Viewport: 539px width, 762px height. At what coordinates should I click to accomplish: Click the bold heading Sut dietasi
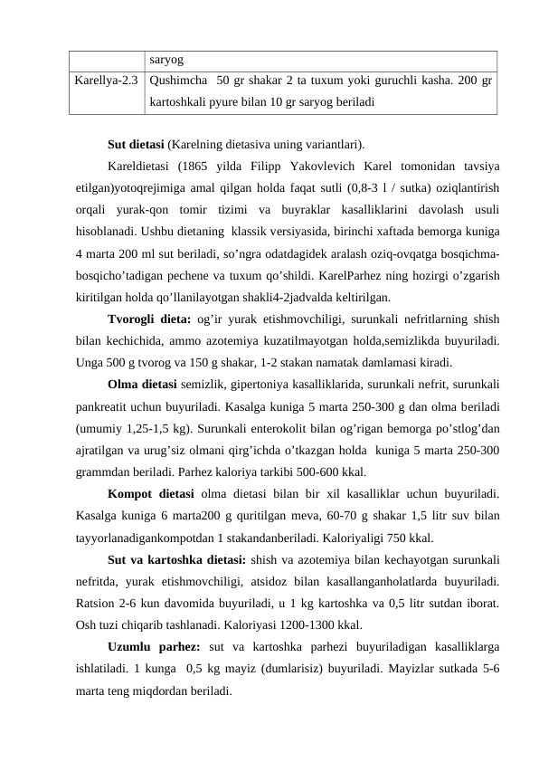[136, 144]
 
